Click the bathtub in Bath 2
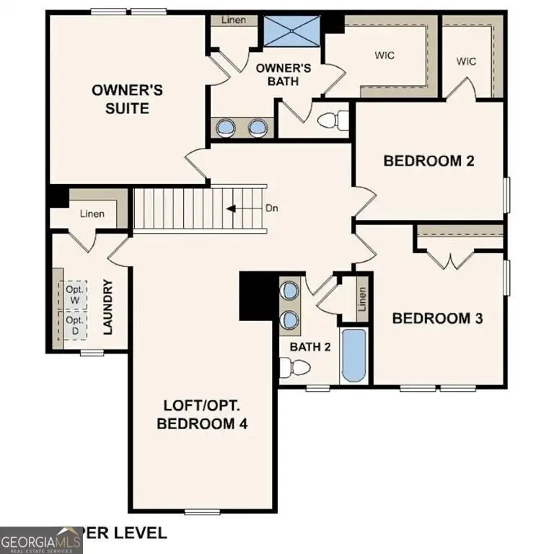pyautogui.click(x=353, y=356)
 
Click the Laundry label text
pyautogui.click(x=108, y=307)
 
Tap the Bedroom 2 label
pyautogui.click(x=428, y=160)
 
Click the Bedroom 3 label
pyautogui.click(x=436, y=317)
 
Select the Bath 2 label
pyautogui.click(x=310, y=347)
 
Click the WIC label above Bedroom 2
pyautogui.click(x=467, y=61)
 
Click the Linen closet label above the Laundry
pyautogui.click(x=92, y=214)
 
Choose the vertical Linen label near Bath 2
pyautogui.click(x=363, y=299)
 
